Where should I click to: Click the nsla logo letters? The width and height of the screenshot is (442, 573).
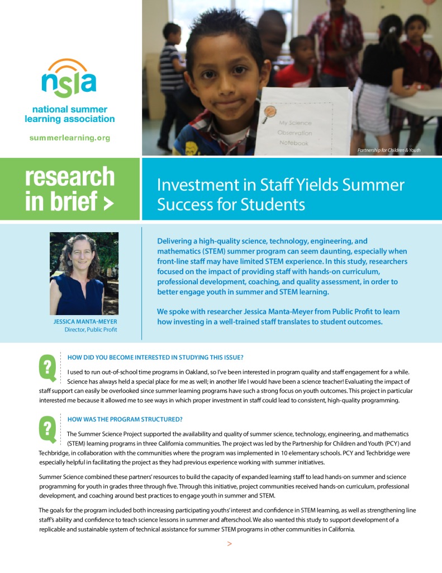[x=69, y=83]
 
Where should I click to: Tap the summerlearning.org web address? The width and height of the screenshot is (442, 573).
[x=69, y=137]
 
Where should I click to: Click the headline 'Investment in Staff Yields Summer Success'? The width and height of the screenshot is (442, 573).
[x=281, y=194]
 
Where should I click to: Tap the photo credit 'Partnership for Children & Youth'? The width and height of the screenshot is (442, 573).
[x=388, y=151]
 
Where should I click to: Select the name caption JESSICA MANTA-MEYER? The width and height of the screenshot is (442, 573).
[x=85, y=322]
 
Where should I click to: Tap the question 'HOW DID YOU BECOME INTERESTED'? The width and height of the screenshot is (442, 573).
[x=155, y=358]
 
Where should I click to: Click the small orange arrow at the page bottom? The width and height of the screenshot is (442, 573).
[x=229, y=544]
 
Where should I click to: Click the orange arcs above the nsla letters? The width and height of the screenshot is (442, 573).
[x=68, y=63]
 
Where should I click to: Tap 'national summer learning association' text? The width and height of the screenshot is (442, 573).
[x=69, y=114]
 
